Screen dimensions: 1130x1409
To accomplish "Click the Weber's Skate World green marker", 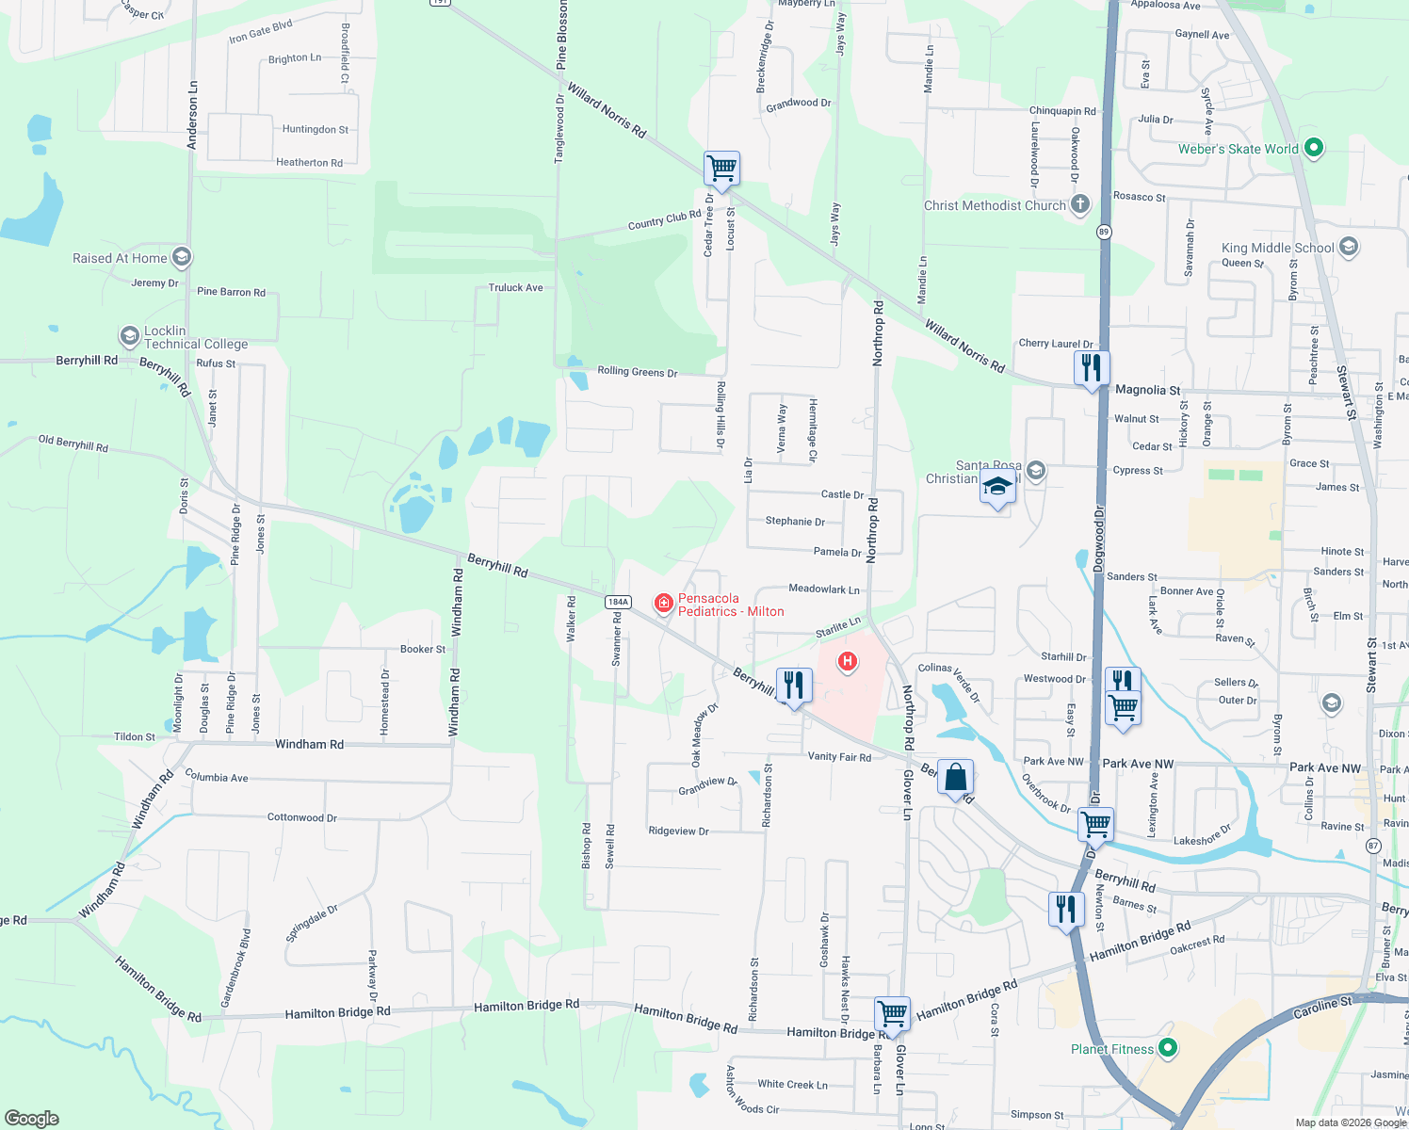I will (x=1315, y=148).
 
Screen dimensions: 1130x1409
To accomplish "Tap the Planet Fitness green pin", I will (x=1168, y=1047).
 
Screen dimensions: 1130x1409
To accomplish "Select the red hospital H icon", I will (x=848, y=662).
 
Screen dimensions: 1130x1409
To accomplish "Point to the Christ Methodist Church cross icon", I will (x=1080, y=204).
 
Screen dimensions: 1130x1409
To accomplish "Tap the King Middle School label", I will (x=1277, y=248).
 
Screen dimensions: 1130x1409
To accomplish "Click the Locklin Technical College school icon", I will (x=129, y=336).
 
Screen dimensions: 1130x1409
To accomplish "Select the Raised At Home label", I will (x=120, y=258).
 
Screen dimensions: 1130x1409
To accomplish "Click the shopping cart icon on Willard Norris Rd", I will (x=721, y=169).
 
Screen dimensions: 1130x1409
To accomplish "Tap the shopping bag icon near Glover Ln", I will (x=955, y=778).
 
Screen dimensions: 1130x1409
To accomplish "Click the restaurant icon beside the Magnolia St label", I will (x=1092, y=367).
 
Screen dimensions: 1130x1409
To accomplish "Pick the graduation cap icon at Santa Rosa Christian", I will (x=997, y=488).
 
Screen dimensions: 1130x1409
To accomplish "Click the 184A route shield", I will (x=618, y=602).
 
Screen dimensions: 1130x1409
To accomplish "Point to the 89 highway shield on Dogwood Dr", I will (x=1104, y=232).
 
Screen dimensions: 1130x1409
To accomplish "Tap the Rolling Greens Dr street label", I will (x=638, y=372).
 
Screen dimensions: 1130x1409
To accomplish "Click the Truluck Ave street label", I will (x=515, y=287).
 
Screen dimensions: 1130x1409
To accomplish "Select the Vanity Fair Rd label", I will (x=839, y=756).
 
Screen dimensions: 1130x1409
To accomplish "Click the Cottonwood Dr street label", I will (x=301, y=817).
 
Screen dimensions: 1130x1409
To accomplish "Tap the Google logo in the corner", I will (x=32, y=1118).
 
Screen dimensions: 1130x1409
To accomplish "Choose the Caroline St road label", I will (x=1321, y=1007).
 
